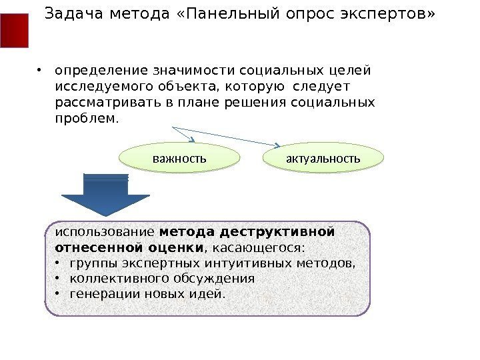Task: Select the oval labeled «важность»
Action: click(x=179, y=159)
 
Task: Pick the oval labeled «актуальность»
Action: click(x=323, y=159)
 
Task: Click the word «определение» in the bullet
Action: click(x=94, y=71)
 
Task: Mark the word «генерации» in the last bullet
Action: click(x=98, y=294)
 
